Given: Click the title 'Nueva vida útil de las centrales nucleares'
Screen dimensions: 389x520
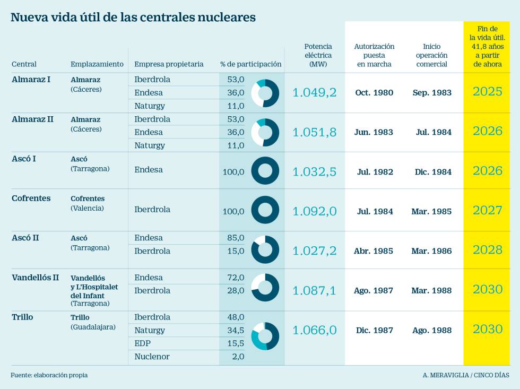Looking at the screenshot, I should [x=133, y=18].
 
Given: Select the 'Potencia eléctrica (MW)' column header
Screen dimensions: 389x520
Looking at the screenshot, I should [x=318, y=55].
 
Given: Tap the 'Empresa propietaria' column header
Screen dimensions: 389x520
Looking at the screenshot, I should [x=169, y=64].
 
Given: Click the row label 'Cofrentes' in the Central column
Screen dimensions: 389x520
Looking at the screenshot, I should [x=31, y=198].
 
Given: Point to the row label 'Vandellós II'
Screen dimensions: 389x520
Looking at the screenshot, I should [x=35, y=278].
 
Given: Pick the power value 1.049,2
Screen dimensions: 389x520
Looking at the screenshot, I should [x=315, y=92].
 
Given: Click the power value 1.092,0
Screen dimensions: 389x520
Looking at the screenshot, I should [x=315, y=211].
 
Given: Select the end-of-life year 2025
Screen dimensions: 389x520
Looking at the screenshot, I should [x=487, y=92].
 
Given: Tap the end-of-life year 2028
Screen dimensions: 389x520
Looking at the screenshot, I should [x=487, y=250].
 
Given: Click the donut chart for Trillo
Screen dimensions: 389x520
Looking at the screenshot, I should [x=265, y=336].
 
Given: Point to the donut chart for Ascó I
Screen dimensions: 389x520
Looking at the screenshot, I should [x=265, y=171].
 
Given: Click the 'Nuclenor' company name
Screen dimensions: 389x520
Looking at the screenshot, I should [x=152, y=357].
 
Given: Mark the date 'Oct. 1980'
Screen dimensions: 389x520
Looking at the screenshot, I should [x=374, y=93].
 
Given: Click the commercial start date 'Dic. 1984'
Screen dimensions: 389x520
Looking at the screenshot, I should [x=432, y=172].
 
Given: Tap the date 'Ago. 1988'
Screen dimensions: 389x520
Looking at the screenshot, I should [x=432, y=331].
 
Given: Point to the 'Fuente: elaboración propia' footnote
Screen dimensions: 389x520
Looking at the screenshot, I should [x=49, y=375].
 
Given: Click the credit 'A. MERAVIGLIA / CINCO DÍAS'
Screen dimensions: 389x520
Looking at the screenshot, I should [x=466, y=375].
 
